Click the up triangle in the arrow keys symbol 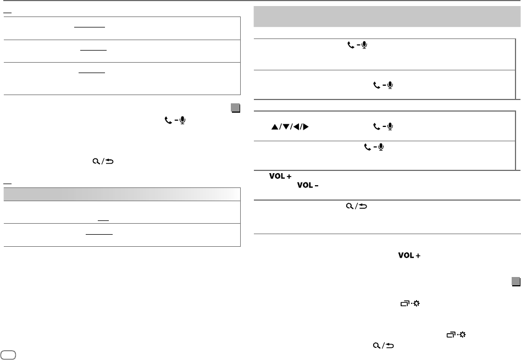click(272, 127)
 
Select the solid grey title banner click(385, 17)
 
